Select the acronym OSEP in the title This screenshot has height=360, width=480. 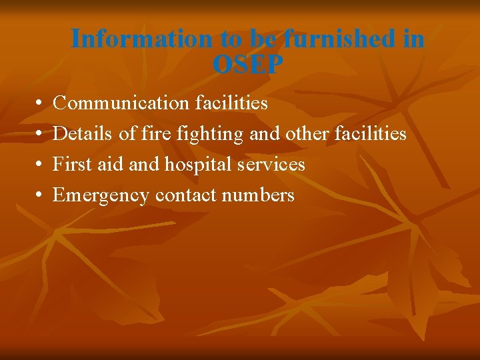click(248, 65)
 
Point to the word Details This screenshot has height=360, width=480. click(83, 134)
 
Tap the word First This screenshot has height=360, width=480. click(72, 164)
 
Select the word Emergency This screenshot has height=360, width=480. click(101, 195)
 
